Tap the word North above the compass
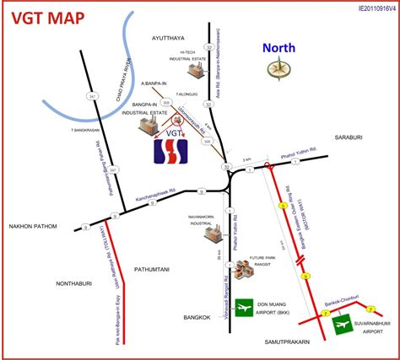click(x=277, y=48)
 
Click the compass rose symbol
click(x=278, y=70)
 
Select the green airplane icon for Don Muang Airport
click(x=245, y=309)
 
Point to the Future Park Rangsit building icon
click(x=243, y=270)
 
